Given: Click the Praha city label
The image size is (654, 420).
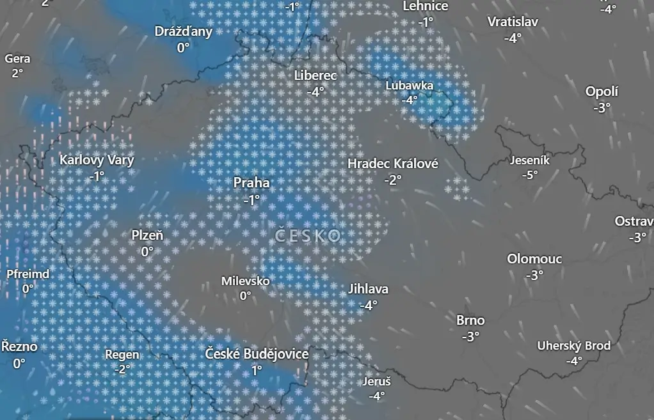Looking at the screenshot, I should point(251,183).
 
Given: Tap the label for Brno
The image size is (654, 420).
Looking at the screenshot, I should point(470,320).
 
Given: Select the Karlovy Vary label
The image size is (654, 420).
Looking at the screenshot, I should point(97,160).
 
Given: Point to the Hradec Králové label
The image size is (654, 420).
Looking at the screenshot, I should point(393,164).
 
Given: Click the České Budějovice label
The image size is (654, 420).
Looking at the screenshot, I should point(257,354).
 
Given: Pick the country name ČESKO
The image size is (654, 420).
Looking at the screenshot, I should point(308,236).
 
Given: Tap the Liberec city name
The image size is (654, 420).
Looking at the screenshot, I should point(315,75).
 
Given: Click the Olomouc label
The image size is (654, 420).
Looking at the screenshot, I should point(534,259).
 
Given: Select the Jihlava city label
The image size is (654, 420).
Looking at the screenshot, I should point(368,289).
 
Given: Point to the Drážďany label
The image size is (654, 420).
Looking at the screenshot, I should point(184,31).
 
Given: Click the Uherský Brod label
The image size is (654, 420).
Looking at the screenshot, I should point(573,346).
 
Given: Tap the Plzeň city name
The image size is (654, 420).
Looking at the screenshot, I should point(147,235).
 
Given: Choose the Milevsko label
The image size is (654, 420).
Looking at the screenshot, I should point(245,281).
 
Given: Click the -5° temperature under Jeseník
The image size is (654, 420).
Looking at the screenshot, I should point(529,175).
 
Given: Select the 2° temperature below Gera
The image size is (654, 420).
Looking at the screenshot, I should point(17,73).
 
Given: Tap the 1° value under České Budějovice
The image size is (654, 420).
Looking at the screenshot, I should point(257,369).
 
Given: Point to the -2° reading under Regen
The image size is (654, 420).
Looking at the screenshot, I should point(122,369).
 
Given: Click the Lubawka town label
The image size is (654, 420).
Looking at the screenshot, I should point(410,85).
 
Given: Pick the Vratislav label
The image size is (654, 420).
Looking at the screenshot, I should point(513,22).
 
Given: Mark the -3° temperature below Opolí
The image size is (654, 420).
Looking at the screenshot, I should point(602,107).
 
